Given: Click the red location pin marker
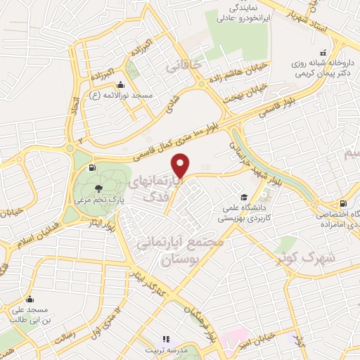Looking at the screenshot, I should [181, 166].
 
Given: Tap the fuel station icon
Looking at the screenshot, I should [92, 168].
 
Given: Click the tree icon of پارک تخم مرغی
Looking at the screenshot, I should [97, 188].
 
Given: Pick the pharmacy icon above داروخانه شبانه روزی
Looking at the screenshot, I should [323, 52].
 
